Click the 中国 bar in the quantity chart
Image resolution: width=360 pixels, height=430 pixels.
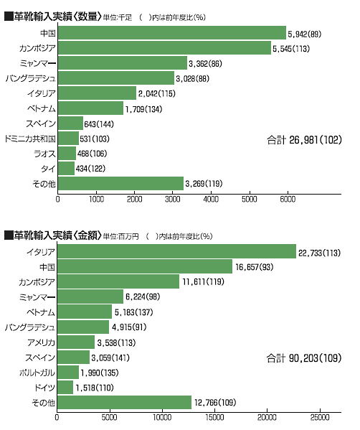[172, 33]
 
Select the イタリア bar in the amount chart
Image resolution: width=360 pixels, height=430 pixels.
[176, 251]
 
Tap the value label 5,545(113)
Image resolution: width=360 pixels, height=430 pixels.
[291, 49]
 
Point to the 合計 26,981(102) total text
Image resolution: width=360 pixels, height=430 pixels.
[304, 140]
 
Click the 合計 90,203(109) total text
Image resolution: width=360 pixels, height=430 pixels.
[304, 358]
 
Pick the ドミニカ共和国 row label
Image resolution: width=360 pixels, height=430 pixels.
[30, 139]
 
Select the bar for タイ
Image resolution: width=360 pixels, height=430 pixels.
[66, 169]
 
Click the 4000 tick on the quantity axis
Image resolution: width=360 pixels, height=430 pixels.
[211, 199]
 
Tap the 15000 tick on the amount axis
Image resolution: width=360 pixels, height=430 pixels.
[214, 417]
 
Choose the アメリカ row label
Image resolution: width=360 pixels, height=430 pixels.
[41, 342]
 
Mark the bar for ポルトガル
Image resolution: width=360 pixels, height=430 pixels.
[68, 372]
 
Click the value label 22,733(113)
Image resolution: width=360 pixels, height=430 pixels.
[319, 253]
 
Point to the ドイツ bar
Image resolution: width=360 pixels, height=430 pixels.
[65, 387]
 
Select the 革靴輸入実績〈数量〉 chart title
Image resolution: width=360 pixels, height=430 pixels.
[53, 17]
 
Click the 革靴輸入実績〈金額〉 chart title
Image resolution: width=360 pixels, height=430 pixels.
[53, 235]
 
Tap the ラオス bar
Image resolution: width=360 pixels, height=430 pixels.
[67, 154]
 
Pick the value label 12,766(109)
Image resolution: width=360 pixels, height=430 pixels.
[215, 403]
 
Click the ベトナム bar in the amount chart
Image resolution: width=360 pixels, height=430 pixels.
[85, 312]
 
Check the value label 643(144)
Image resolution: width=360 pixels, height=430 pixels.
[99, 124]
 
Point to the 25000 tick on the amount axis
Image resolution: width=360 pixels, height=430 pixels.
[320, 417]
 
